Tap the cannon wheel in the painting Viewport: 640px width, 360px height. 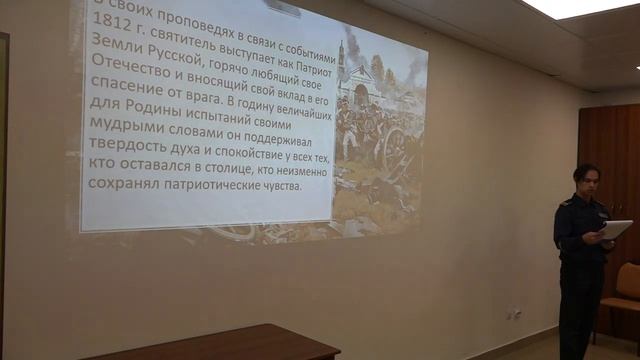point(395,150)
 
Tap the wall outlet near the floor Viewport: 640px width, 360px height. point(514,313)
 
